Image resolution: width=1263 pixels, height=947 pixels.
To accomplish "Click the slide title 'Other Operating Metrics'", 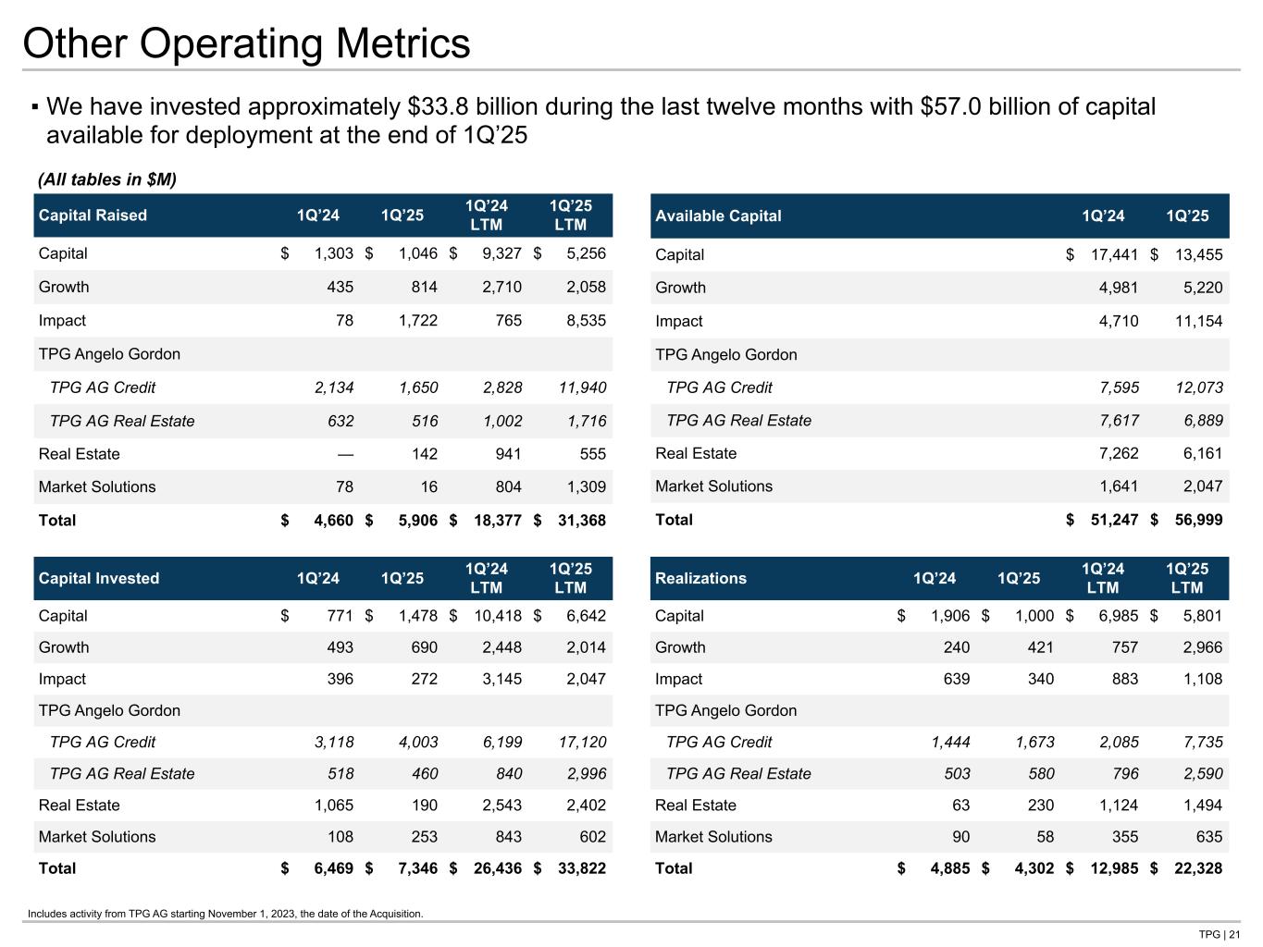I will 246,44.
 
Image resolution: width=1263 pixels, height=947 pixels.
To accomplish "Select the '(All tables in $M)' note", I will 106,178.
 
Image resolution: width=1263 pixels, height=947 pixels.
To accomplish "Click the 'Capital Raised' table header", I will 93,215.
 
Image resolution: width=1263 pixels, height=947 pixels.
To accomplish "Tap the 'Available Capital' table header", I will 718,215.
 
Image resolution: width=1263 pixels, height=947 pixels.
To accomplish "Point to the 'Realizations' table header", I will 700,578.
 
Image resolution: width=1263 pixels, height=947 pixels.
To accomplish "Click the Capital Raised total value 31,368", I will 581,521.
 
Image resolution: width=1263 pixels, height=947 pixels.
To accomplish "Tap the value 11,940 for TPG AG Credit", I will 582,387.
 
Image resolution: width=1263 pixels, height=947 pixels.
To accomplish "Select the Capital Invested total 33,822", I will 581,868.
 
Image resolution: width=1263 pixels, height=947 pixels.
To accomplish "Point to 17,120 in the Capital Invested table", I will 582,742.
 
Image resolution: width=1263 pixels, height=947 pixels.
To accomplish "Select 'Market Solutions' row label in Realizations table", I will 713,837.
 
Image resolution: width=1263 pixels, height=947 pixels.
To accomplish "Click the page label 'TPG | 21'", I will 1219,934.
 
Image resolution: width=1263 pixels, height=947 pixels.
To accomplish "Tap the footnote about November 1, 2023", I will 226,914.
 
